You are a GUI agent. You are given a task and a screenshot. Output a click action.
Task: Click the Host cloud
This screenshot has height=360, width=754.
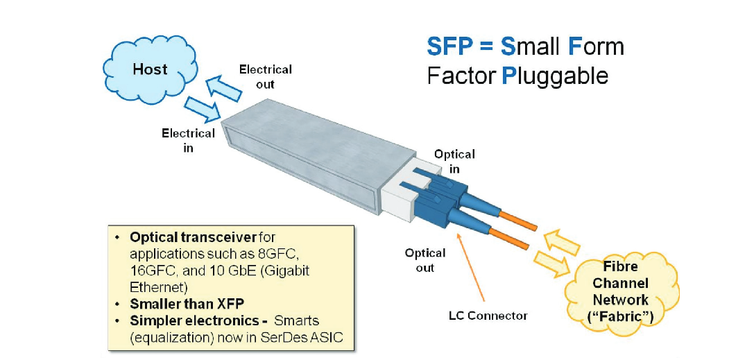[150, 69]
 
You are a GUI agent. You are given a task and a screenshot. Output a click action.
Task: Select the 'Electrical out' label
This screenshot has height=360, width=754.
[265, 76]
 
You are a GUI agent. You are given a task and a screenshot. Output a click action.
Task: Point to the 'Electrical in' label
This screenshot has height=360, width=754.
[188, 139]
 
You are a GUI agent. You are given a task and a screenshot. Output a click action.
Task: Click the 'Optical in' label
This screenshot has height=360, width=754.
[454, 162]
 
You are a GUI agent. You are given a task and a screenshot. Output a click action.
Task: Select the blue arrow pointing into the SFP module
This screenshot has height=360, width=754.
[201, 108]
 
